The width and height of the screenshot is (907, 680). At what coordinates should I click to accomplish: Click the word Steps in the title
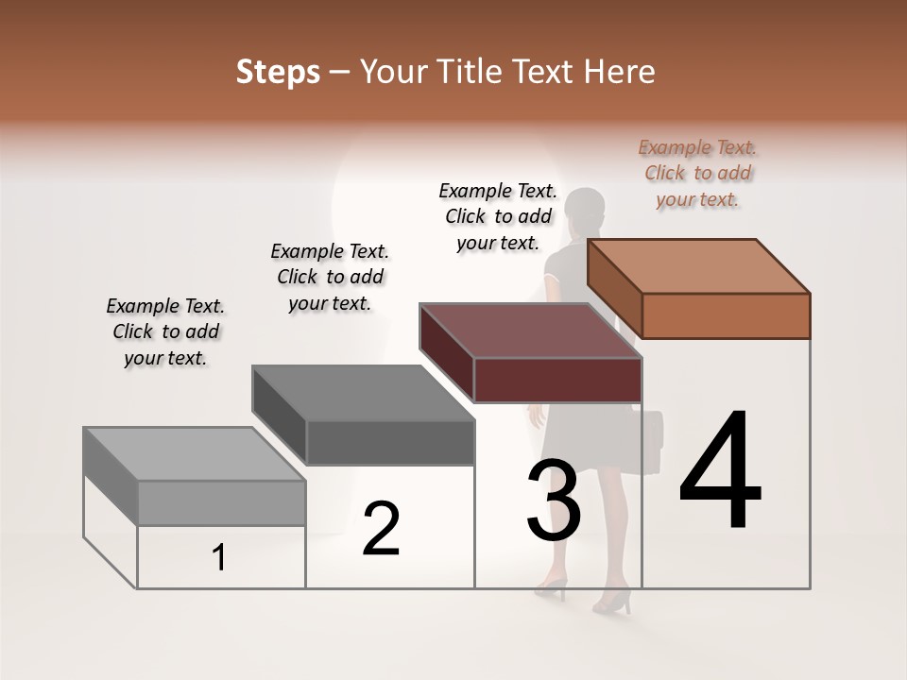[278, 72]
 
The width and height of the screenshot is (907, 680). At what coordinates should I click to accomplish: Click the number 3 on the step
[553, 501]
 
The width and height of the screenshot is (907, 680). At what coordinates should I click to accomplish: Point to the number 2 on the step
[381, 529]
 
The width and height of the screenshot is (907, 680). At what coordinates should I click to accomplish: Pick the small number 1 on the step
[219, 558]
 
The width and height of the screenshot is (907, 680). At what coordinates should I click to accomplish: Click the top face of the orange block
[699, 265]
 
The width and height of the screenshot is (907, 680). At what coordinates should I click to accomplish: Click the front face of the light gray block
[221, 502]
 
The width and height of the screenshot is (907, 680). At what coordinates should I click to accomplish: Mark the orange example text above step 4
[697, 173]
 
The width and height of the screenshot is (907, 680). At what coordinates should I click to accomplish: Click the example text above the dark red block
[498, 216]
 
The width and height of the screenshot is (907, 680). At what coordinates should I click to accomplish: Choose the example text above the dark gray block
[330, 277]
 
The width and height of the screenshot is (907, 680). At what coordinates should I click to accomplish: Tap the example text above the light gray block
[165, 331]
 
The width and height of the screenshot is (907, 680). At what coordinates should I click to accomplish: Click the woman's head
[585, 209]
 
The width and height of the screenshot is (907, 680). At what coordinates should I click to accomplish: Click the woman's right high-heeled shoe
[615, 602]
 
